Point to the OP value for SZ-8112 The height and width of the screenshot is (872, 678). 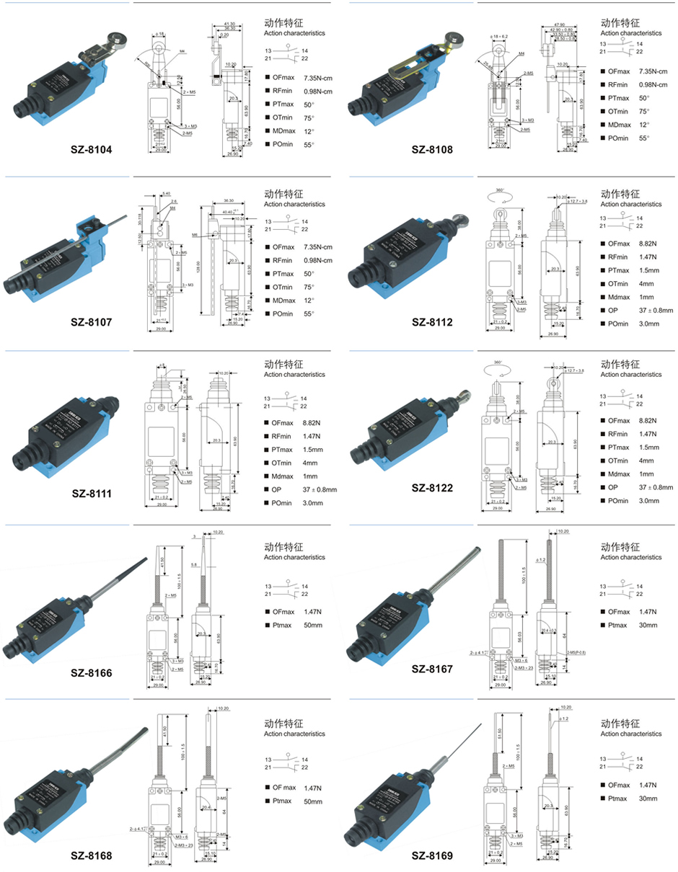tap(655, 311)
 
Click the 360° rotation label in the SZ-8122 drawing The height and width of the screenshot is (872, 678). tap(496, 362)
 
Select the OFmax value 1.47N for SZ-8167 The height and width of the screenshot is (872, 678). tap(648, 612)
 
